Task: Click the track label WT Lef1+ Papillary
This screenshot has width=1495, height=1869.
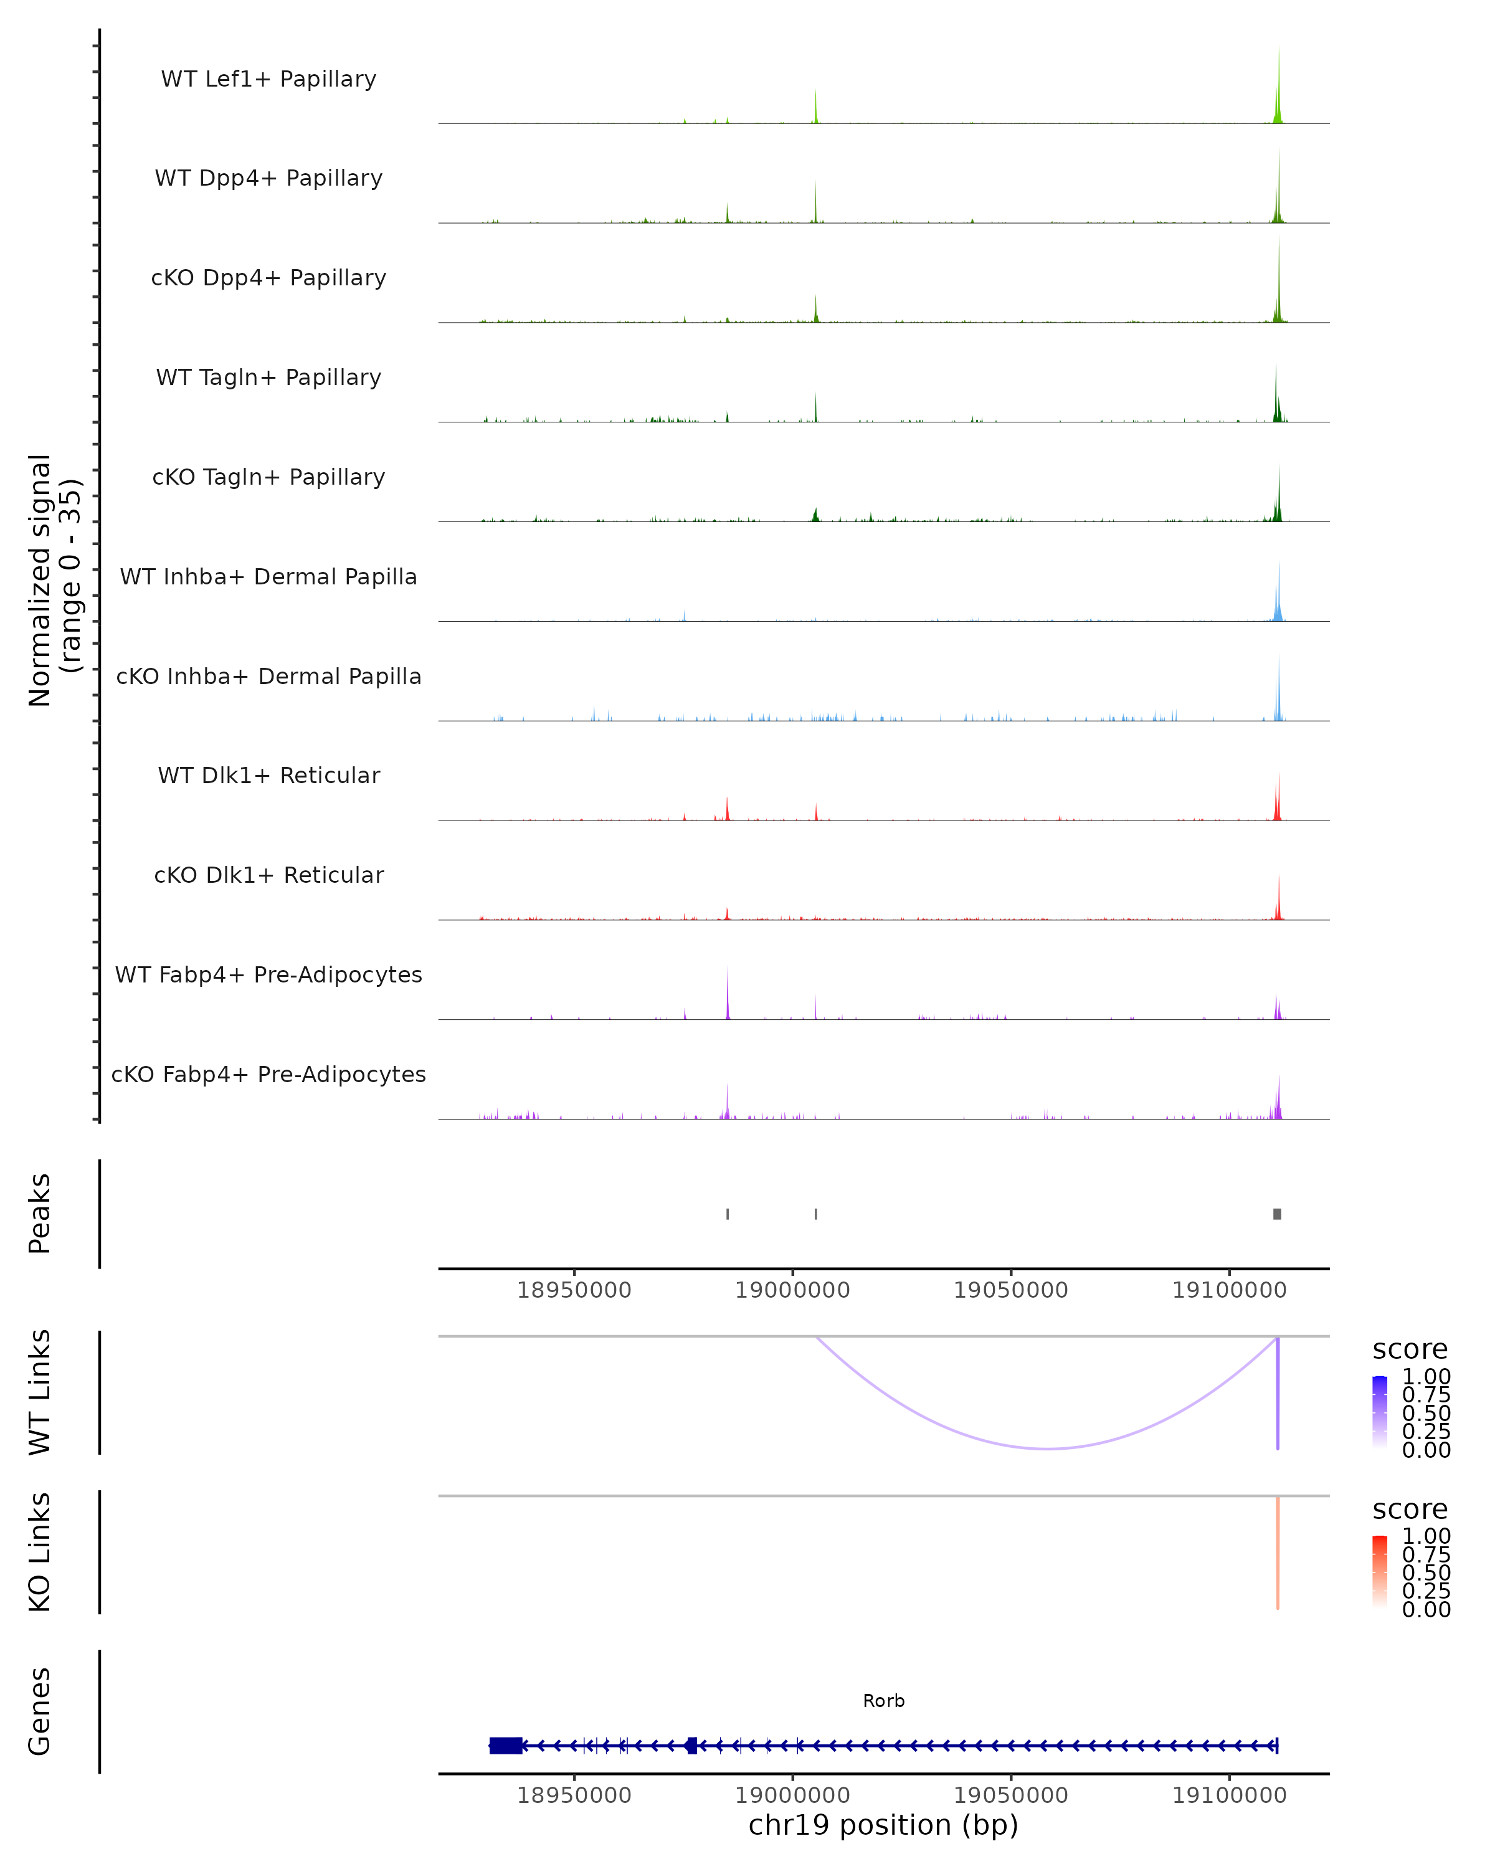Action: click(x=268, y=79)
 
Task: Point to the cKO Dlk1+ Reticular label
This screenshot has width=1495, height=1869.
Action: click(x=268, y=875)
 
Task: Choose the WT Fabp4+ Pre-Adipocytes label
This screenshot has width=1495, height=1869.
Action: click(x=268, y=974)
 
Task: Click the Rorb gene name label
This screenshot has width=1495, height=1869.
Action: click(x=883, y=1701)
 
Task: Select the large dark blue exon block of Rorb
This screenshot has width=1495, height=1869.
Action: click(x=505, y=1745)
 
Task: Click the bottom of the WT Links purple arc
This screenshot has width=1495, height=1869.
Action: click(x=1048, y=1448)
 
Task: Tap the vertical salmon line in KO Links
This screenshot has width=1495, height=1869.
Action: click(x=1278, y=1552)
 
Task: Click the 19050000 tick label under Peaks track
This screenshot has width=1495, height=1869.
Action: click(x=1010, y=1290)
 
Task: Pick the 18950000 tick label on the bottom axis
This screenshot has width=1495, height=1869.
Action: click(x=574, y=1795)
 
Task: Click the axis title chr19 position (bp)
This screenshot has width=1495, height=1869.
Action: click(x=883, y=1825)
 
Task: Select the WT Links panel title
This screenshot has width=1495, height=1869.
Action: click(x=40, y=1392)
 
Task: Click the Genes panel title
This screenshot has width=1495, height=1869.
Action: click(x=40, y=1711)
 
